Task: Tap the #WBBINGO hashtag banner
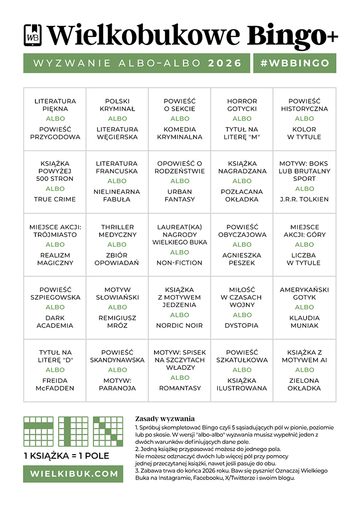click(x=295, y=63)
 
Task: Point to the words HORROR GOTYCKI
click(x=242, y=105)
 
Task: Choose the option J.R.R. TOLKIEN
click(x=304, y=199)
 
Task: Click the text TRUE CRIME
click(x=55, y=199)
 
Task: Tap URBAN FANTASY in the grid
click(x=180, y=195)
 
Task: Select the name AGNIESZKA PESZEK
click(x=242, y=258)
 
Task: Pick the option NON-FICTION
click(x=180, y=262)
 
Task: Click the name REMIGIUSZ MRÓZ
click(x=118, y=322)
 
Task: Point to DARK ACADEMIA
click(x=55, y=322)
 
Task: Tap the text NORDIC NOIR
click(x=180, y=325)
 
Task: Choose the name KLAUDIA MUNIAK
click(x=304, y=322)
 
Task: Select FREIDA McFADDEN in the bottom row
click(x=55, y=384)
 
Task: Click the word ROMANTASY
click(x=180, y=388)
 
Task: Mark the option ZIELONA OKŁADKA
click(x=304, y=384)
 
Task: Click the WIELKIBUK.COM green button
click(x=73, y=474)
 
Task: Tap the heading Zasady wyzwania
click(x=165, y=419)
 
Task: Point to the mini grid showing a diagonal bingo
click(x=108, y=431)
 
